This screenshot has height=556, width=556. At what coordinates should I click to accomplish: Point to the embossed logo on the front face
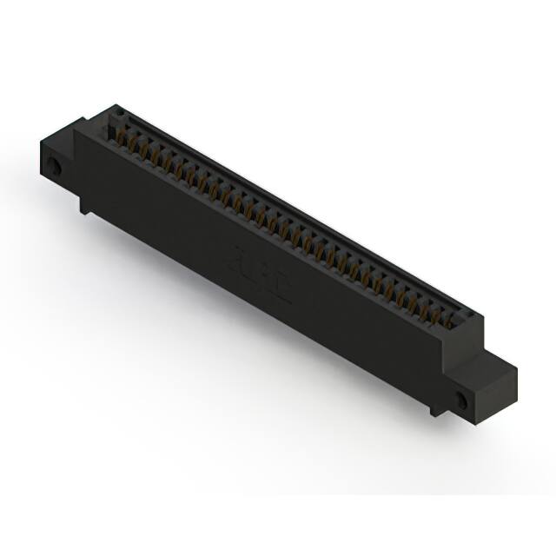click(261, 272)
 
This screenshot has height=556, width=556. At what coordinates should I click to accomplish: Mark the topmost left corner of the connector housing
click(116, 106)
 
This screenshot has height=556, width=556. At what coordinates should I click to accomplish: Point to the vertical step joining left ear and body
click(77, 169)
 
